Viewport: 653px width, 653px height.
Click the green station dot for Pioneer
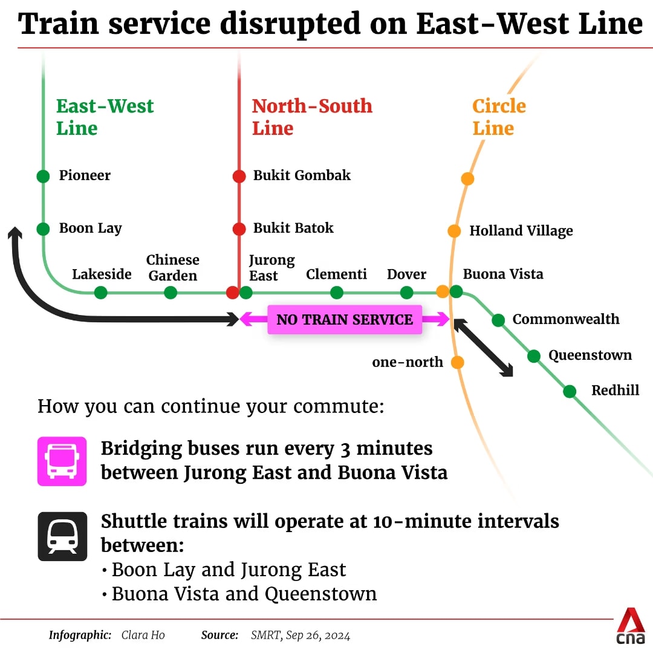point(43,176)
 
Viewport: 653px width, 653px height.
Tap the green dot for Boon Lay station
point(43,229)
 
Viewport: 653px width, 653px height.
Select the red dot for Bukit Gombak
point(239,176)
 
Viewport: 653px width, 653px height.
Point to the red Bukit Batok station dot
point(239,229)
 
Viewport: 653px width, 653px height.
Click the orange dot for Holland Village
point(454,231)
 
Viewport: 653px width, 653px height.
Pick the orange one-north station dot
point(457,362)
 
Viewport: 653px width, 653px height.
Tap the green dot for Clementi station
point(337,293)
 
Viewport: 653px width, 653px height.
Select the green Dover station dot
point(406,293)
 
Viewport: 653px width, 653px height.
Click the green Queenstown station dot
point(534,356)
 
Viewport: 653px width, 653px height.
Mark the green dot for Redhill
point(570,391)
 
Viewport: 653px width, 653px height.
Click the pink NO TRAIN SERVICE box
point(345,319)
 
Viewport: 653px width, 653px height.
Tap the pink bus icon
point(62,461)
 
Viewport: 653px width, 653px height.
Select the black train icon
point(62,536)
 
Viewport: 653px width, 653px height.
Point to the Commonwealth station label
point(566,319)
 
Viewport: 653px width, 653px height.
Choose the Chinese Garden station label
point(173,267)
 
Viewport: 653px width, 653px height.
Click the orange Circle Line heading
point(499,117)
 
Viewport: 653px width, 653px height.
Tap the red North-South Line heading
point(312,117)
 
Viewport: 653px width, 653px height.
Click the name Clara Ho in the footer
point(143,635)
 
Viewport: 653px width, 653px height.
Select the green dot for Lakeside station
point(101,293)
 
